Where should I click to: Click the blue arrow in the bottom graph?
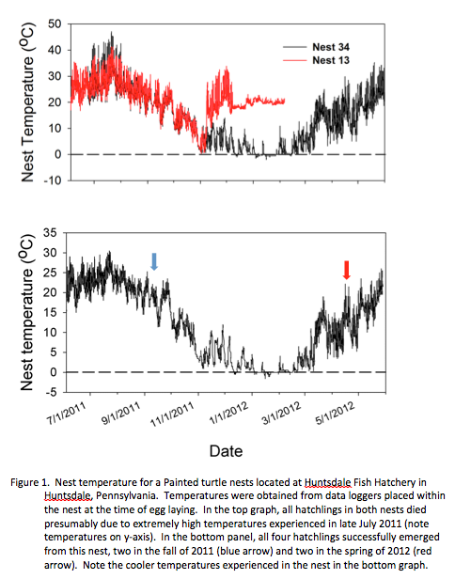pos(154,261)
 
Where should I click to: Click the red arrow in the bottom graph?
pos(346,270)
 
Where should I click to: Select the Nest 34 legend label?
pos(331,47)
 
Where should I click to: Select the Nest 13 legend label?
pos(331,60)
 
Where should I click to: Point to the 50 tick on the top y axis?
pos(55,24)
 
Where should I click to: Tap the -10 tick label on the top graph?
pos(53,180)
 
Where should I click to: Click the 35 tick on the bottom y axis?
pos(50,233)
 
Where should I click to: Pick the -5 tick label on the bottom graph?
pos(52,392)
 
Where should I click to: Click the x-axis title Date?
pos(226,451)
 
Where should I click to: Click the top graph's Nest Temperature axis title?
pos(27,102)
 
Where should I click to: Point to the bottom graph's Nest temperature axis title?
pos(26,312)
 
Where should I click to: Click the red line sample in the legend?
pos(295,60)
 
